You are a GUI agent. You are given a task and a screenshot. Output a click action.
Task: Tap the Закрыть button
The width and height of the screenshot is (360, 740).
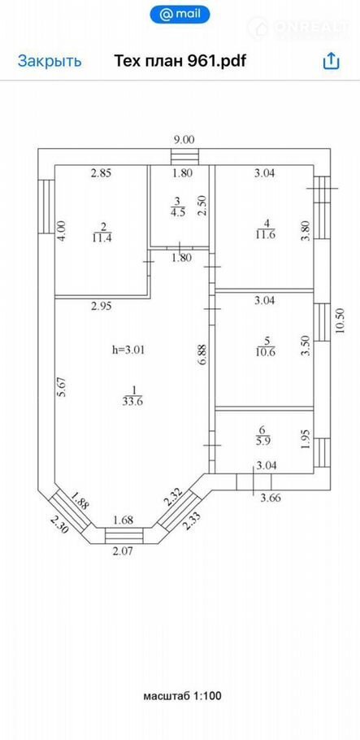pyautogui.click(x=50, y=61)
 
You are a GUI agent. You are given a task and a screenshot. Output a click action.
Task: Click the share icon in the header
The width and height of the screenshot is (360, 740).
pyautogui.click(x=331, y=61)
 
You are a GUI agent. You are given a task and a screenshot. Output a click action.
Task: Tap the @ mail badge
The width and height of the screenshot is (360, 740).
pyautogui.click(x=180, y=15)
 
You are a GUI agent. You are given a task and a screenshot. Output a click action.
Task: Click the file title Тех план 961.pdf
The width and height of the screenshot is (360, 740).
pyautogui.click(x=180, y=61)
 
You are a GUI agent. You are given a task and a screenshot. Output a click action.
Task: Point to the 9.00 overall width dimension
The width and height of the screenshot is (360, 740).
pyautogui.click(x=184, y=139)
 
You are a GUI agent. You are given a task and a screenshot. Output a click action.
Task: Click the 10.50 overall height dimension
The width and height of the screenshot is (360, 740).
pyautogui.click(x=340, y=321)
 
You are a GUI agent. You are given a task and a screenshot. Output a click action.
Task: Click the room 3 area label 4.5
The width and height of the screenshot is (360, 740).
pyautogui.click(x=178, y=211)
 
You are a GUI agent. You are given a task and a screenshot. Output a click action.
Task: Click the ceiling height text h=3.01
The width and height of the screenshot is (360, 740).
pyautogui.click(x=129, y=350)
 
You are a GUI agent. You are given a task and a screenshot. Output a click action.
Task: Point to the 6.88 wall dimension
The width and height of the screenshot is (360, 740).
pyautogui.click(x=204, y=355)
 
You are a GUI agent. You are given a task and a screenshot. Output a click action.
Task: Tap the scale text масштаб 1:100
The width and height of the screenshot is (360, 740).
pyautogui.click(x=182, y=695)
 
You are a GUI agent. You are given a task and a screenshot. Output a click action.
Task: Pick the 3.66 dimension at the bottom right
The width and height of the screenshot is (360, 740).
pyautogui.click(x=271, y=497)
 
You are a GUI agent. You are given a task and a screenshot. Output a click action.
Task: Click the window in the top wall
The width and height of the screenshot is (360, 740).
pyautogui.click(x=184, y=156)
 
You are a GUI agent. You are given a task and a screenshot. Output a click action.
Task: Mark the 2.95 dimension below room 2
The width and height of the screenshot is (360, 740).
pyautogui.click(x=101, y=306)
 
